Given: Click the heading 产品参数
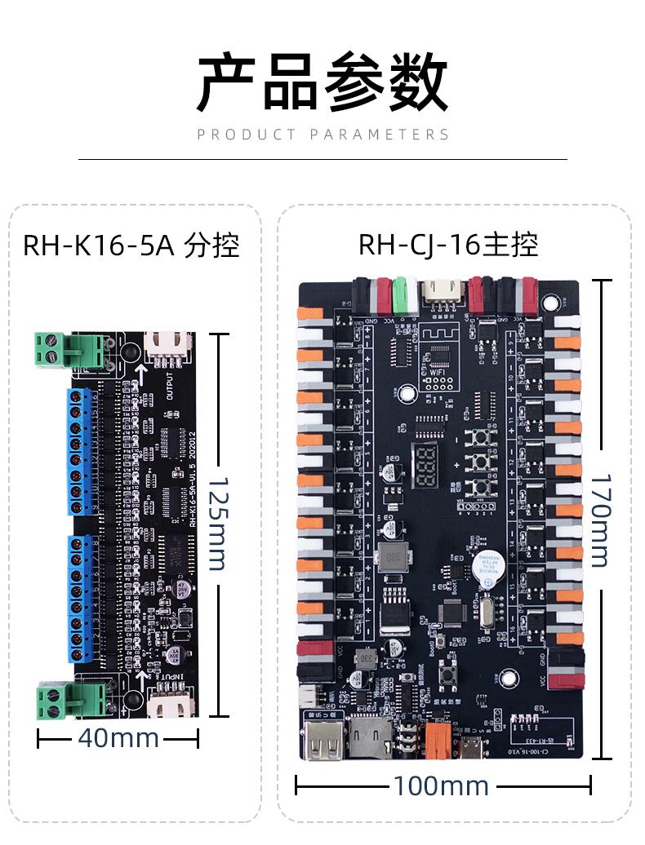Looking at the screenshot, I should click(x=322, y=82).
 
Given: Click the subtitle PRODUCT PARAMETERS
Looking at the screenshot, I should click(x=322, y=135).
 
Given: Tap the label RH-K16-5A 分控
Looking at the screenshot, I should click(x=131, y=245).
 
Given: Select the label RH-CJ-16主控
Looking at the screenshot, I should click(x=448, y=245).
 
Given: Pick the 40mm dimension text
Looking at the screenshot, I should click(x=118, y=738).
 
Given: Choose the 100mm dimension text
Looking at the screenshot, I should click(x=441, y=786).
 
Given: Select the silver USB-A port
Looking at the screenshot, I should click(x=322, y=737).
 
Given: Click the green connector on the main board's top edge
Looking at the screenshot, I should click(x=401, y=292).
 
